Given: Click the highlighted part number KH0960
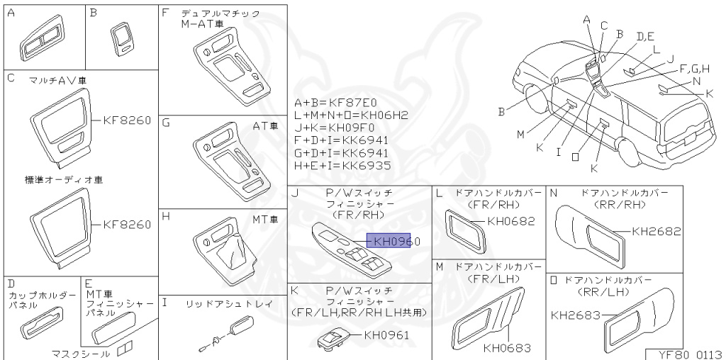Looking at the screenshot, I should pyautogui.click(x=393, y=242).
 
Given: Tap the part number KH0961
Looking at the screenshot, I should pyautogui.click(x=386, y=335).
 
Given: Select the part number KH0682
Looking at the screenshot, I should pyautogui.click(x=510, y=221).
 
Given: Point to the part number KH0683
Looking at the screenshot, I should pyautogui.click(x=506, y=348).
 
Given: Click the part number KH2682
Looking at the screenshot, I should pyautogui.click(x=656, y=231).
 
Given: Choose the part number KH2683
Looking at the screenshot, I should pyautogui.click(x=575, y=315).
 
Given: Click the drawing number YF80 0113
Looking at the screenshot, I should pyautogui.click(x=686, y=354).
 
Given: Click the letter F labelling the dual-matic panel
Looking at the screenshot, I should pyautogui.click(x=165, y=13).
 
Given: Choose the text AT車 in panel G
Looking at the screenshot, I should pyautogui.click(x=264, y=125).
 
